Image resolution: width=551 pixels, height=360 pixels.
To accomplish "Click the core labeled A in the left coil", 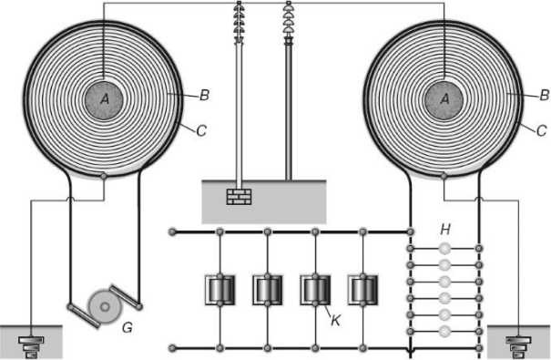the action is (x=104, y=100).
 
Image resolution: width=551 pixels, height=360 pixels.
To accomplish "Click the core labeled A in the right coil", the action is (x=444, y=100).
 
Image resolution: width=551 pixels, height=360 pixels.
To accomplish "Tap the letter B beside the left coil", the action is (x=205, y=96).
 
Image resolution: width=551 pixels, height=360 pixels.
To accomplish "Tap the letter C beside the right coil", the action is (x=542, y=130).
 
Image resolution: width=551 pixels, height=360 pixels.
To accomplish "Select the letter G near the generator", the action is (x=128, y=328).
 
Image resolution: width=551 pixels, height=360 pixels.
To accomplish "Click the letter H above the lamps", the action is (x=445, y=230).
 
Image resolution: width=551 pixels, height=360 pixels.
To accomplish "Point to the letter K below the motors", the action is (x=335, y=320).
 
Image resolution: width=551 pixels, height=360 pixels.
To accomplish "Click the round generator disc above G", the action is (x=105, y=307).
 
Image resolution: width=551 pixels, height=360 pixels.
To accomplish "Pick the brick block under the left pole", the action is (x=239, y=197).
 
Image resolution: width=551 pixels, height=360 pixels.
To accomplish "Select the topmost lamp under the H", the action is (x=444, y=249).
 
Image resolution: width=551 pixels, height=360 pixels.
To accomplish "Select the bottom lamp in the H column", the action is (x=444, y=331).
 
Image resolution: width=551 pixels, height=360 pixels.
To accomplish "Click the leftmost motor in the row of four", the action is (x=219, y=290).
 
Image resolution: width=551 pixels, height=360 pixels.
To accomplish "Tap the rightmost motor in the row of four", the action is (x=363, y=290).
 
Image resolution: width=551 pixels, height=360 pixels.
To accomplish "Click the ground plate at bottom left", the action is (x=31, y=347).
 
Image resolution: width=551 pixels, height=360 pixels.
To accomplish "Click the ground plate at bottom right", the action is (x=519, y=347).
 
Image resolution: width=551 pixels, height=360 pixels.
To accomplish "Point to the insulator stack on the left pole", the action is (x=239, y=22).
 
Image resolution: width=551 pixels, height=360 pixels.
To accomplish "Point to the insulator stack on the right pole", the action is (x=288, y=22).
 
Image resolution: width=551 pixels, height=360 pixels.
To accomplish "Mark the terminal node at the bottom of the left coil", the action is (x=104, y=175).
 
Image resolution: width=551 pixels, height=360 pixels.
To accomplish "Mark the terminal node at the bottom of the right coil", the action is (x=444, y=175).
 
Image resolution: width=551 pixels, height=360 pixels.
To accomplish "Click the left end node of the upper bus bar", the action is (x=172, y=231).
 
